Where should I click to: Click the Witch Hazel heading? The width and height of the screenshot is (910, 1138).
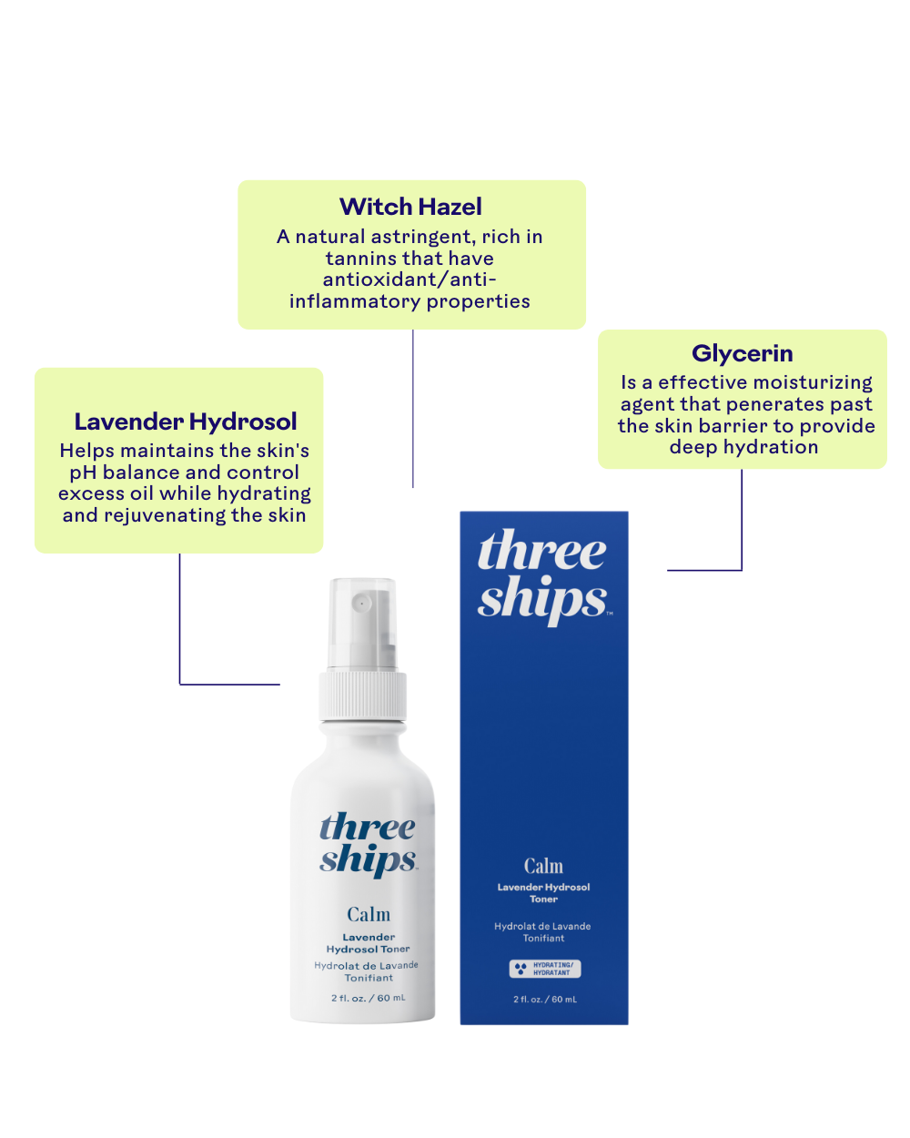[x=410, y=207]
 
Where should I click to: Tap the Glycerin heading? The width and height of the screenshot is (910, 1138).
[x=742, y=353]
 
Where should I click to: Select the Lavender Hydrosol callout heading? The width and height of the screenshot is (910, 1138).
[x=186, y=422]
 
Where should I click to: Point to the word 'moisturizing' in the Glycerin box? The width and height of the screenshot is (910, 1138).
[x=812, y=382]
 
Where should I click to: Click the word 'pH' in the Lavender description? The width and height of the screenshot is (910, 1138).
[x=83, y=472]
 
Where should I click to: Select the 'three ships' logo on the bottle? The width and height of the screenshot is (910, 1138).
[x=368, y=844]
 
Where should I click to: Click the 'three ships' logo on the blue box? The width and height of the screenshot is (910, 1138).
[x=542, y=575]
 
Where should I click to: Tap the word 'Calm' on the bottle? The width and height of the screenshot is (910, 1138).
[x=369, y=914]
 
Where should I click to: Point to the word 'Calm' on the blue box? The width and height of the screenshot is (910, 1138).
[x=543, y=866]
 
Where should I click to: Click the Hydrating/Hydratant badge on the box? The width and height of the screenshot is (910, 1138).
[x=544, y=969]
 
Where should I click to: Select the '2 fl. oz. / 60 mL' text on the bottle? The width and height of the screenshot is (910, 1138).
[x=369, y=999]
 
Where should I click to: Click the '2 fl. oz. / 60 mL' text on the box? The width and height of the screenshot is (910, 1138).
[x=544, y=1000]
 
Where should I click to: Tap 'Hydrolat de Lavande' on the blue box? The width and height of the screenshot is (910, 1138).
[x=542, y=927]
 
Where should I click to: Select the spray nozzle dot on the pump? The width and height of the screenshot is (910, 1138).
[x=361, y=604]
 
